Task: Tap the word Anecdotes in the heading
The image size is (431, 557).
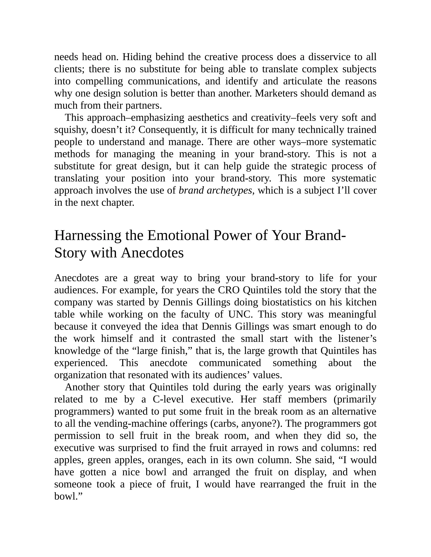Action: pos(152,253)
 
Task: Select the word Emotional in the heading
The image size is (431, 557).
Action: pos(178,236)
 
